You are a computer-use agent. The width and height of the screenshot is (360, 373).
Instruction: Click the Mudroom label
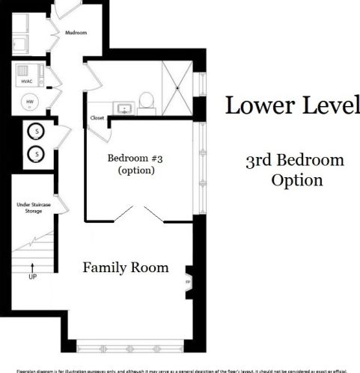click(x=76, y=33)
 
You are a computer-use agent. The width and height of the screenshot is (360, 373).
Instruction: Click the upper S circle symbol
click(x=33, y=132)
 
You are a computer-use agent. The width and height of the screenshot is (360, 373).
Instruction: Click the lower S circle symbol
click(x=33, y=155)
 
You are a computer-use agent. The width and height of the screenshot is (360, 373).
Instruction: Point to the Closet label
click(x=97, y=117)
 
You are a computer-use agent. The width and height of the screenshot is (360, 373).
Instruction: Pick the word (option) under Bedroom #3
click(x=135, y=170)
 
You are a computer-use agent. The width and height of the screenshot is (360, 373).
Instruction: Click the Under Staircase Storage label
click(x=30, y=207)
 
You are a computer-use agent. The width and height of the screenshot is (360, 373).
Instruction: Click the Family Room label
click(x=125, y=267)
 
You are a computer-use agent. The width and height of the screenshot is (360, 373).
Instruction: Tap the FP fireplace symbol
click(x=188, y=282)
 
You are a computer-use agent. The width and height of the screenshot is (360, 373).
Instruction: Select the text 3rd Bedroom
click(x=295, y=160)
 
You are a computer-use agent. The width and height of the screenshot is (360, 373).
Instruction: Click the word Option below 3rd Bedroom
click(x=296, y=180)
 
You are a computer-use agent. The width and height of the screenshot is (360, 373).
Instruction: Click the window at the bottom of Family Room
click(x=123, y=346)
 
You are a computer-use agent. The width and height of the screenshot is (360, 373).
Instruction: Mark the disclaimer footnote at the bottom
click(x=180, y=369)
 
